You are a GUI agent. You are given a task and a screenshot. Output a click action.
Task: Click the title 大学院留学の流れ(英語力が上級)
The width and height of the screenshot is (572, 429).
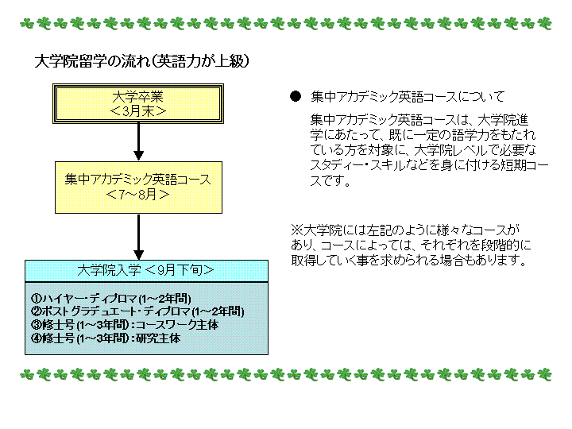pos(142,61)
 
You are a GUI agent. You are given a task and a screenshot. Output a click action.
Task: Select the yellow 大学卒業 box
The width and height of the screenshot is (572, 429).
pos(138,103)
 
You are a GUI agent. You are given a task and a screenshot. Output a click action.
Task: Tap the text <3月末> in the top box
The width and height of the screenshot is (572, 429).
pos(138,111)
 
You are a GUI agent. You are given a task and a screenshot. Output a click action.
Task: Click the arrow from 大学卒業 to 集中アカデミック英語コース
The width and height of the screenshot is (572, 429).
pos(138,141)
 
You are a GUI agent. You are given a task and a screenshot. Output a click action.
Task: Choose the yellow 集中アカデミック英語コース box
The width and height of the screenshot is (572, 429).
pos(138,187)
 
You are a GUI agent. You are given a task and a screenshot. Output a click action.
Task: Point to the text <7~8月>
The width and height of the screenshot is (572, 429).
pos(138,195)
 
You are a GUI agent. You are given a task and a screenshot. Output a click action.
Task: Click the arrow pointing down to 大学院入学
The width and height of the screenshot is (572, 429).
pos(138,237)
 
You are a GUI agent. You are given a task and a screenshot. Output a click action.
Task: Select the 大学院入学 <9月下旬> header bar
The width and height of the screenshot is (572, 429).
pos(147,271)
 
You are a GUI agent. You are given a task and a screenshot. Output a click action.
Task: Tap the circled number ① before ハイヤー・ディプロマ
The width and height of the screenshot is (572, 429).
pos(37,299)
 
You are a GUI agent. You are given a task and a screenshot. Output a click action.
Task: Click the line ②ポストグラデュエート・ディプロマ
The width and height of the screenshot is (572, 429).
pos(137,311)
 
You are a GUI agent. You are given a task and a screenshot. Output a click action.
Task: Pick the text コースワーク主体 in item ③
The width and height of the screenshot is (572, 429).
pos(177,325)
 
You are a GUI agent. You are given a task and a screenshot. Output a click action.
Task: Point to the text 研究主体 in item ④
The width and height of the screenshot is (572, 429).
pos(158,338)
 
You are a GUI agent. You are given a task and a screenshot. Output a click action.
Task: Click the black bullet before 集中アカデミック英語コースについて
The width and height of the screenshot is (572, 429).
pos(296,97)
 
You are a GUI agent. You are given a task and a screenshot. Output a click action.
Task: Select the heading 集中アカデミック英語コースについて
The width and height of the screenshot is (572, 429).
pos(408,97)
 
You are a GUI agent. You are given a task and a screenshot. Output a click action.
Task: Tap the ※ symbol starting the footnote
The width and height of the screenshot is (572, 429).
pos(297,230)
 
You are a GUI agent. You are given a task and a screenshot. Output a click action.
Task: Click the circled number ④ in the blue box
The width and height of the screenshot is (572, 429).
pos(37,338)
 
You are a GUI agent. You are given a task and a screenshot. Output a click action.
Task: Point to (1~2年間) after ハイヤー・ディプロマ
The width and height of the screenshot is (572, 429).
pos(164,299)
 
